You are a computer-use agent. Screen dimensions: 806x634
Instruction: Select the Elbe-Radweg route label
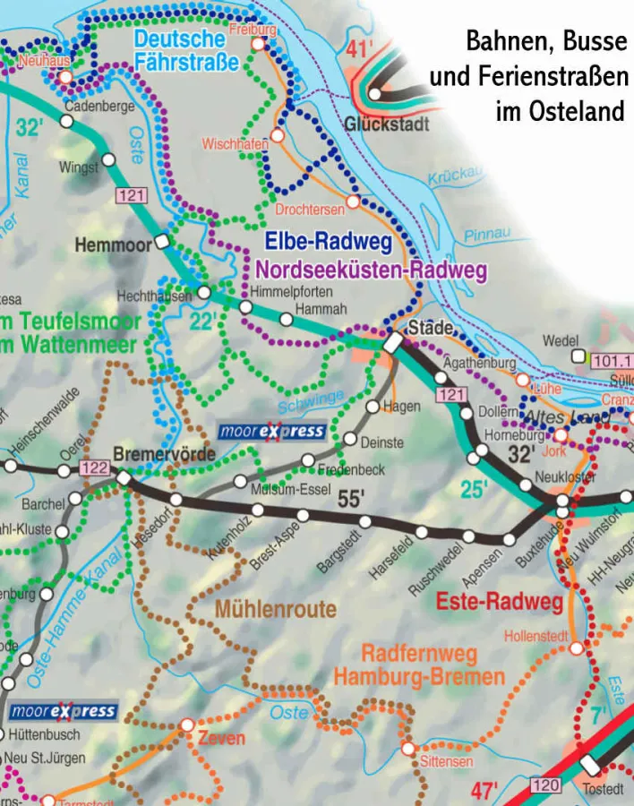(329, 241)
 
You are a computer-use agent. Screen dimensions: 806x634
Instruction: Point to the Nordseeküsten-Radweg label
(371, 270)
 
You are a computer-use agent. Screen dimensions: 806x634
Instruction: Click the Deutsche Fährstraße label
(186, 50)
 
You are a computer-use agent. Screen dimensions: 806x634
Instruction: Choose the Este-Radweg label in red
(499, 601)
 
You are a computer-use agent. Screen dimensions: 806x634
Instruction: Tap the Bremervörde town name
(164, 455)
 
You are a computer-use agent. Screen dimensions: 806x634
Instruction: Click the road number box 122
(94, 467)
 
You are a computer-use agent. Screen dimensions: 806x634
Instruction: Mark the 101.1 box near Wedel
(612, 361)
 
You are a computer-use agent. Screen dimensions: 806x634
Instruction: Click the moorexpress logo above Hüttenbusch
(64, 712)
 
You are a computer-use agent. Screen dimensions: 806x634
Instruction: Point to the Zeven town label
(220, 739)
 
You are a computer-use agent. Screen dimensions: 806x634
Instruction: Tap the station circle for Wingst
(109, 159)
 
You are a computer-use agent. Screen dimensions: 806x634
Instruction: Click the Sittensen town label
(446, 762)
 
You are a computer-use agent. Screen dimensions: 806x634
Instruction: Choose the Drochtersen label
(309, 209)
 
